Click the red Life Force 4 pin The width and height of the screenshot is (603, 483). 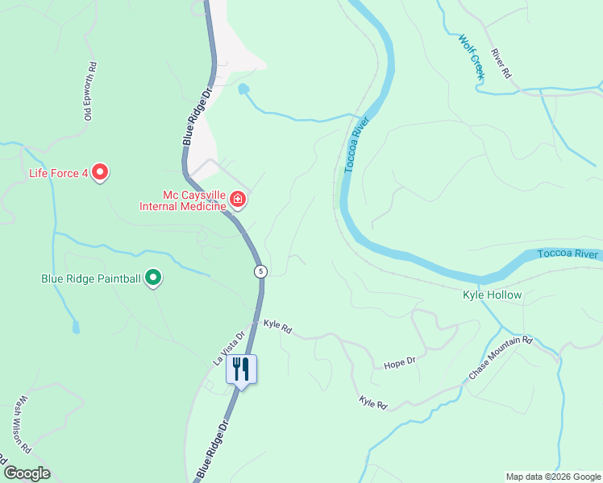coord(100,171)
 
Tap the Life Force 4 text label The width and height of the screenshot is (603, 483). coord(58,173)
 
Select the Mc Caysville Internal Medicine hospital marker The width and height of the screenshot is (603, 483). coord(237,199)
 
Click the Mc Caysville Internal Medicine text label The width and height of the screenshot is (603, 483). coord(182,200)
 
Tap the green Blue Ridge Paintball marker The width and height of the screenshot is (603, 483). coord(153,279)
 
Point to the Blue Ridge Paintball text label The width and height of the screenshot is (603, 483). coord(91,279)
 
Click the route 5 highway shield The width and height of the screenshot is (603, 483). coord(260,271)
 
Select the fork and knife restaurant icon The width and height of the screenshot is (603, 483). coord(241,370)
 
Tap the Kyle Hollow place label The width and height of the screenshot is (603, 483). coord(492,295)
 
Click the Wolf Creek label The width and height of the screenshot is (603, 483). coord(472,56)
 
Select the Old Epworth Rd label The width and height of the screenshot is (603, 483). coord(89,92)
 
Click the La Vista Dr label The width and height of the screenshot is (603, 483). coord(228,349)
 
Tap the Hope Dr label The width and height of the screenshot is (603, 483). coord(399,363)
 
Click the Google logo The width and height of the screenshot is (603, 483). coord(27,473)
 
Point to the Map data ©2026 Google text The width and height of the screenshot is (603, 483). coord(552,477)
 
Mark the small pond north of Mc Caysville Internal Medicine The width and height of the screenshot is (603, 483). coord(243,89)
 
